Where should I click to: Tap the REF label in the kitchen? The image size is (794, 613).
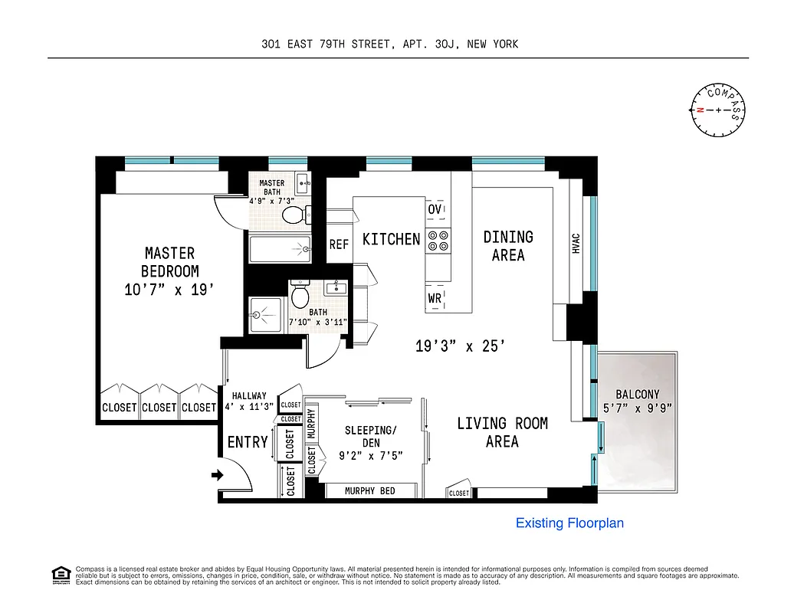tap(339, 244)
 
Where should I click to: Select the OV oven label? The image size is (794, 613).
tap(435, 209)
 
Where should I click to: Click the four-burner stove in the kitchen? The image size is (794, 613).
tap(438, 241)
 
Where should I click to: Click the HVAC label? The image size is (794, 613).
tap(576, 243)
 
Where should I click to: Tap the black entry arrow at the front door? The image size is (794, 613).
tap(217, 475)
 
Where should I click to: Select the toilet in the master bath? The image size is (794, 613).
tap(294, 215)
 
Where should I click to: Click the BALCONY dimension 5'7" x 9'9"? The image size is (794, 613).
tap(638, 408)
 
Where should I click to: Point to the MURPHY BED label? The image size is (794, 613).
tap(370, 490)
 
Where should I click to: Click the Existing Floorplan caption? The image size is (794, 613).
tap(569, 523)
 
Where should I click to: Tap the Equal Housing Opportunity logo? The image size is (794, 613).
tap(60, 574)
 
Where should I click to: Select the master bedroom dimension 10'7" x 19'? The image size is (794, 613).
tap(169, 290)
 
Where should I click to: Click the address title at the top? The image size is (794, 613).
tap(389, 44)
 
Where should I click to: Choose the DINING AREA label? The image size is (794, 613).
tap(508, 245)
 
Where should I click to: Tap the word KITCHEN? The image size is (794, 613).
tap(391, 239)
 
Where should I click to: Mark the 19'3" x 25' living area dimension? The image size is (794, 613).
tap(460, 346)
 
